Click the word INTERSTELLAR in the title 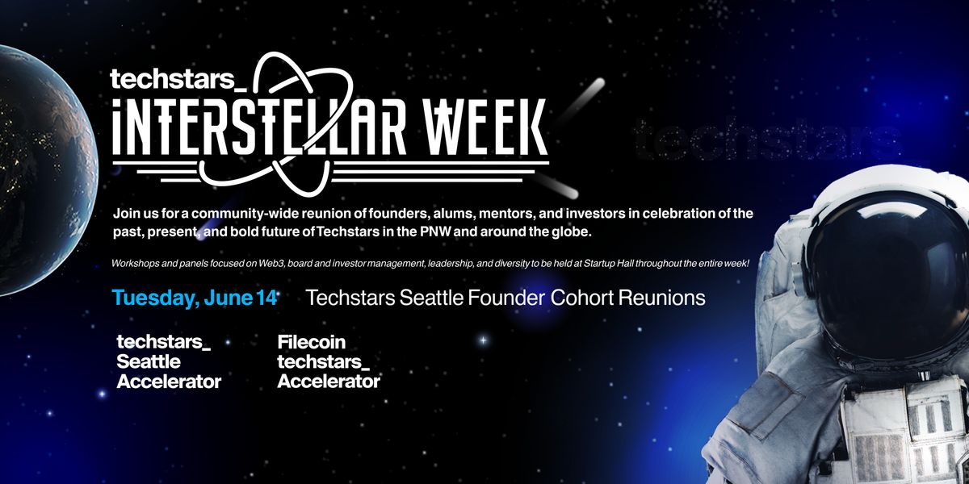(259, 127)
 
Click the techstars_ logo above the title (178, 79)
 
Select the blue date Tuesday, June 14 (195, 298)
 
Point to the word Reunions (662, 298)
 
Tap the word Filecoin (312, 343)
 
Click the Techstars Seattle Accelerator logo (169, 361)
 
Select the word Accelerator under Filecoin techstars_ (329, 382)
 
